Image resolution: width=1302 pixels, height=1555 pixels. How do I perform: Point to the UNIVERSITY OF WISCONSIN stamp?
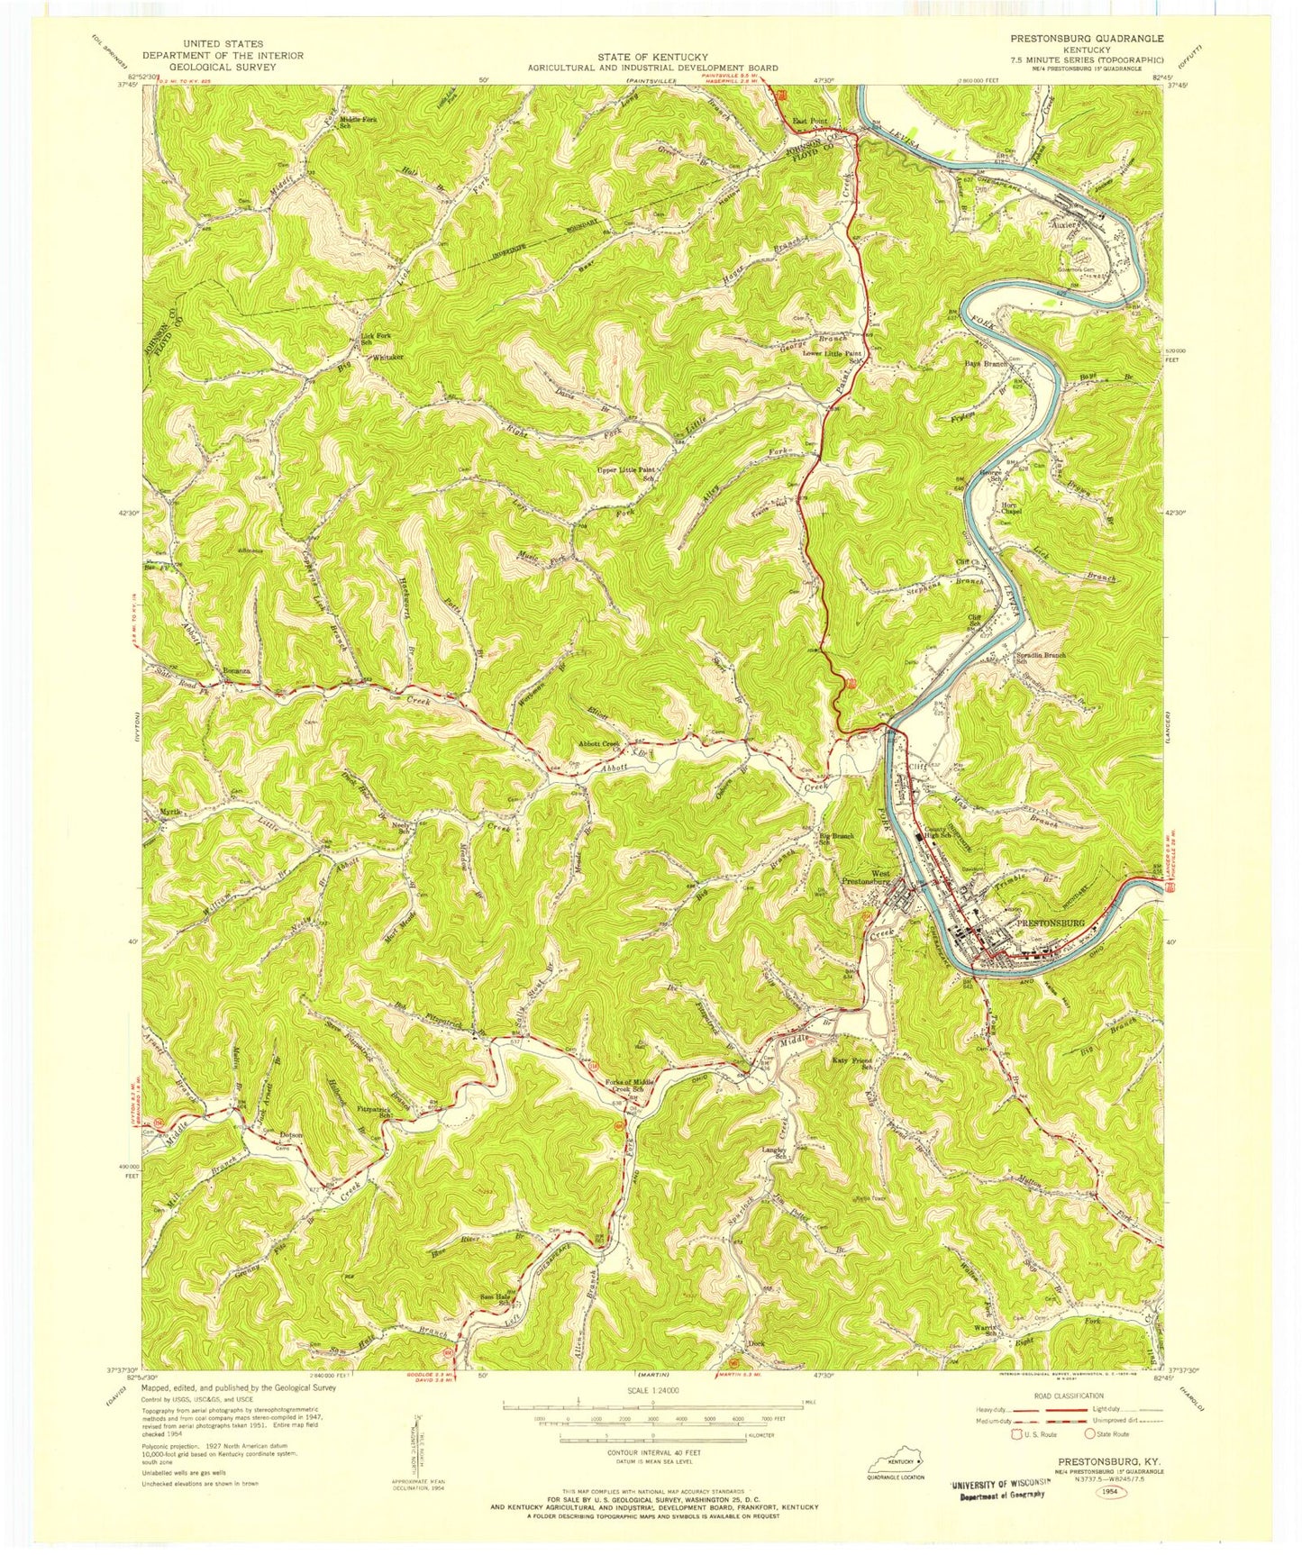(997, 1483)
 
